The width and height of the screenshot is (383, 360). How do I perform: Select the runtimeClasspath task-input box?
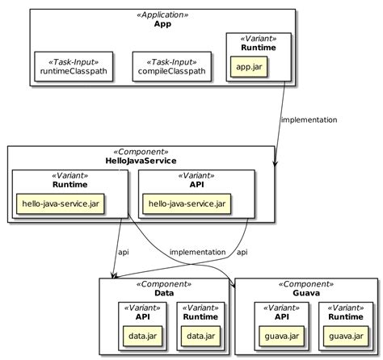pos(73,67)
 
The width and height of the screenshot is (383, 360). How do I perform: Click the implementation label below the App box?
pos(309,120)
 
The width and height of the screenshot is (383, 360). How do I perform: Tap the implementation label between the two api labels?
pos(197,253)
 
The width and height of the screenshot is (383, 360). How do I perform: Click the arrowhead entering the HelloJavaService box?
pos(276,163)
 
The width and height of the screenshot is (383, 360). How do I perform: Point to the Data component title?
pos(165,294)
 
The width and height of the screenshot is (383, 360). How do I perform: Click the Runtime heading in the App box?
pos(258,48)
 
